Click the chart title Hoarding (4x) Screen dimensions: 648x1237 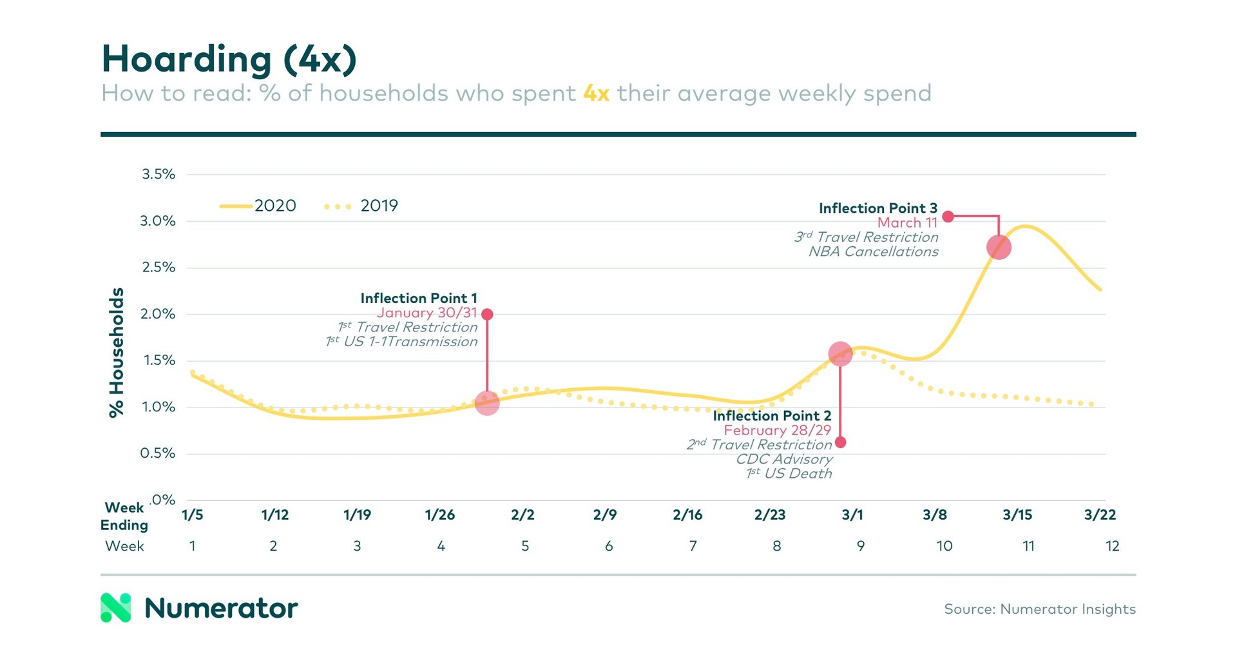tap(229, 59)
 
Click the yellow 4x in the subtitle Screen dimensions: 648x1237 tap(596, 93)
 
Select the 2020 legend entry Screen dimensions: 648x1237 tap(258, 206)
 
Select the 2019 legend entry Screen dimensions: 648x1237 tap(362, 206)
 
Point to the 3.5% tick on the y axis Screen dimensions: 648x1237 tap(158, 174)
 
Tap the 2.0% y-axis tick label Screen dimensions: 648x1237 tap(158, 314)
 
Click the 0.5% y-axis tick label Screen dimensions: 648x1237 tap(158, 453)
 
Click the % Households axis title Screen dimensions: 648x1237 tap(117, 353)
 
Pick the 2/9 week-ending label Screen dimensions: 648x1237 tap(605, 515)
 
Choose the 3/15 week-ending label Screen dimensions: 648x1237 tap(1017, 515)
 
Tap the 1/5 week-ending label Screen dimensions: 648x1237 tap(192, 515)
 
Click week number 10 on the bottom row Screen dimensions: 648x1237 tap(944, 546)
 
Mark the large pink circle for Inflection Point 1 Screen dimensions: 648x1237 tap(487, 403)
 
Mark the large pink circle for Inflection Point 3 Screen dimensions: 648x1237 tap(999, 247)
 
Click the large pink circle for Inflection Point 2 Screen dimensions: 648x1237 tap(840, 354)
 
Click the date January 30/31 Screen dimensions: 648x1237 tap(427, 313)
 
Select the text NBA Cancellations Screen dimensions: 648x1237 tap(873, 252)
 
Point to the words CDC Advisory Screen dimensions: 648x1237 tap(784, 459)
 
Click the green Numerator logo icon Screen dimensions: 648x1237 tap(116, 607)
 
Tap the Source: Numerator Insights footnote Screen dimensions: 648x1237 tap(1039, 609)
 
